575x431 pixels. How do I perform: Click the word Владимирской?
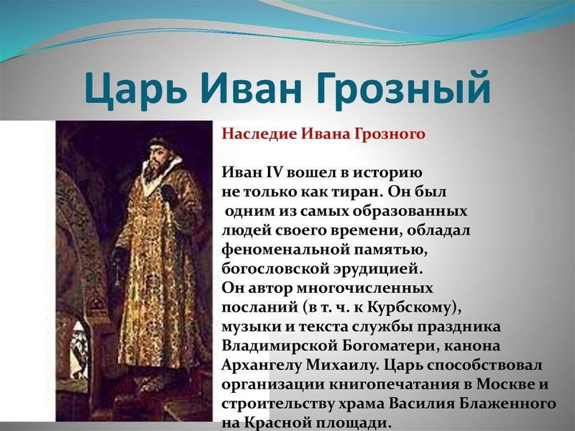pos(280,346)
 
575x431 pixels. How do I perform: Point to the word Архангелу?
pos(261,366)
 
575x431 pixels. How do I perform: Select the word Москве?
pos(506,384)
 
